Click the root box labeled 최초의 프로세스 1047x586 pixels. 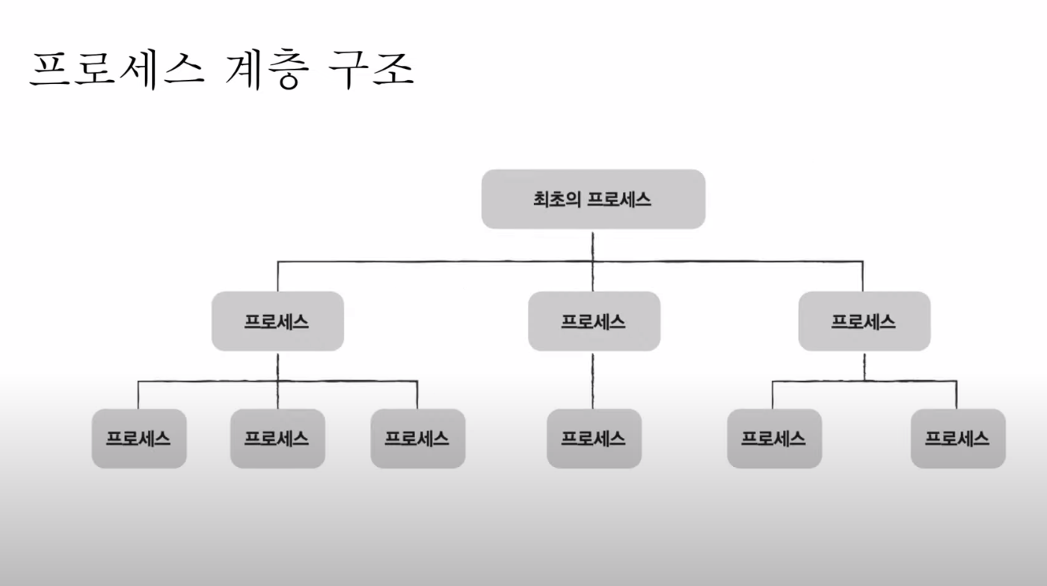(x=593, y=199)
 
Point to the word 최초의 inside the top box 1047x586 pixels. (x=556, y=200)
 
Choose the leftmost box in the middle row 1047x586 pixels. (x=277, y=321)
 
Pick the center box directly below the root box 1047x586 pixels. (x=594, y=321)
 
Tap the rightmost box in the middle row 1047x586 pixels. (x=864, y=321)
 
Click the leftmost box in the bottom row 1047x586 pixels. (x=138, y=439)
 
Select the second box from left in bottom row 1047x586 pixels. (x=277, y=439)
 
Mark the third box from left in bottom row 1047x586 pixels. (x=417, y=439)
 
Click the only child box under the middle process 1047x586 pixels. (x=594, y=439)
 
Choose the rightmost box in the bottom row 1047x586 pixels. (x=957, y=439)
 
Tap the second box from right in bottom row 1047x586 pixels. (x=774, y=439)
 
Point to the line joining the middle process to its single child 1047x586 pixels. (x=594, y=379)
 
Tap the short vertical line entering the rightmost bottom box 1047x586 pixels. (x=957, y=395)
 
